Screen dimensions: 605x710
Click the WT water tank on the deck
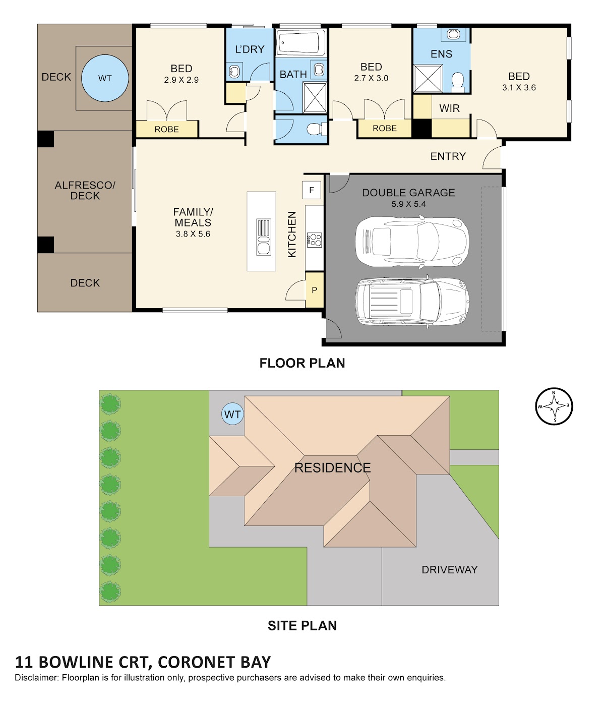coord(105,78)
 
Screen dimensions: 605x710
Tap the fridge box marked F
coord(312,190)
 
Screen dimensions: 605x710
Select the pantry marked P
coord(314,290)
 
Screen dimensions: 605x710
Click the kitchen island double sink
coord(263,237)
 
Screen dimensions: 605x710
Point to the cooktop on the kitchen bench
coord(314,240)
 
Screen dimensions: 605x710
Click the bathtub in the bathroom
coord(300,42)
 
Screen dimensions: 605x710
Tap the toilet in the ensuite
coord(457,82)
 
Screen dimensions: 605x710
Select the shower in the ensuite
coord(428,79)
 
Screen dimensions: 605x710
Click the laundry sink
coord(234,72)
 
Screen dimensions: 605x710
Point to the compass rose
coord(554,407)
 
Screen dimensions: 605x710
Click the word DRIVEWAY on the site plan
coord(449,570)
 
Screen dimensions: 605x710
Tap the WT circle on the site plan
coord(232,414)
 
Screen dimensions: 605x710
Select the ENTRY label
coord(448,156)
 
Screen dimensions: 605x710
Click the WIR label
coord(449,108)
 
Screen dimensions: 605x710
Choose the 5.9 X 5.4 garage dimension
coord(408,204)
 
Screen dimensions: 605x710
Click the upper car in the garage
coord(412,242)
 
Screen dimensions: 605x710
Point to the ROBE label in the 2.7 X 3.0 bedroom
coord(385,128)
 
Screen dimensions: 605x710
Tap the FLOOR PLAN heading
coord(302,363)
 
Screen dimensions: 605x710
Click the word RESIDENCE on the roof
coord(332,468)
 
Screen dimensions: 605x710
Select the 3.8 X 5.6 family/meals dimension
coord(193,234)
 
